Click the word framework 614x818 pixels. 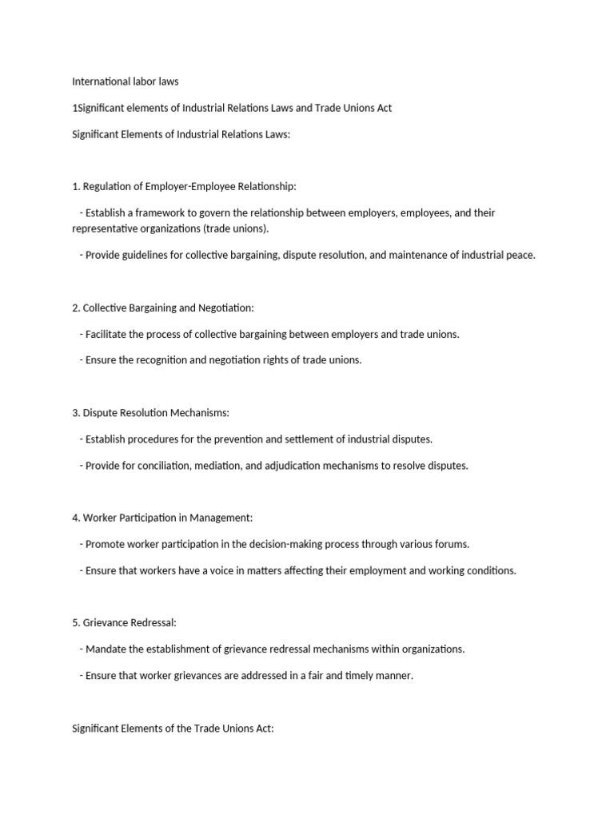coord(160,213)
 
